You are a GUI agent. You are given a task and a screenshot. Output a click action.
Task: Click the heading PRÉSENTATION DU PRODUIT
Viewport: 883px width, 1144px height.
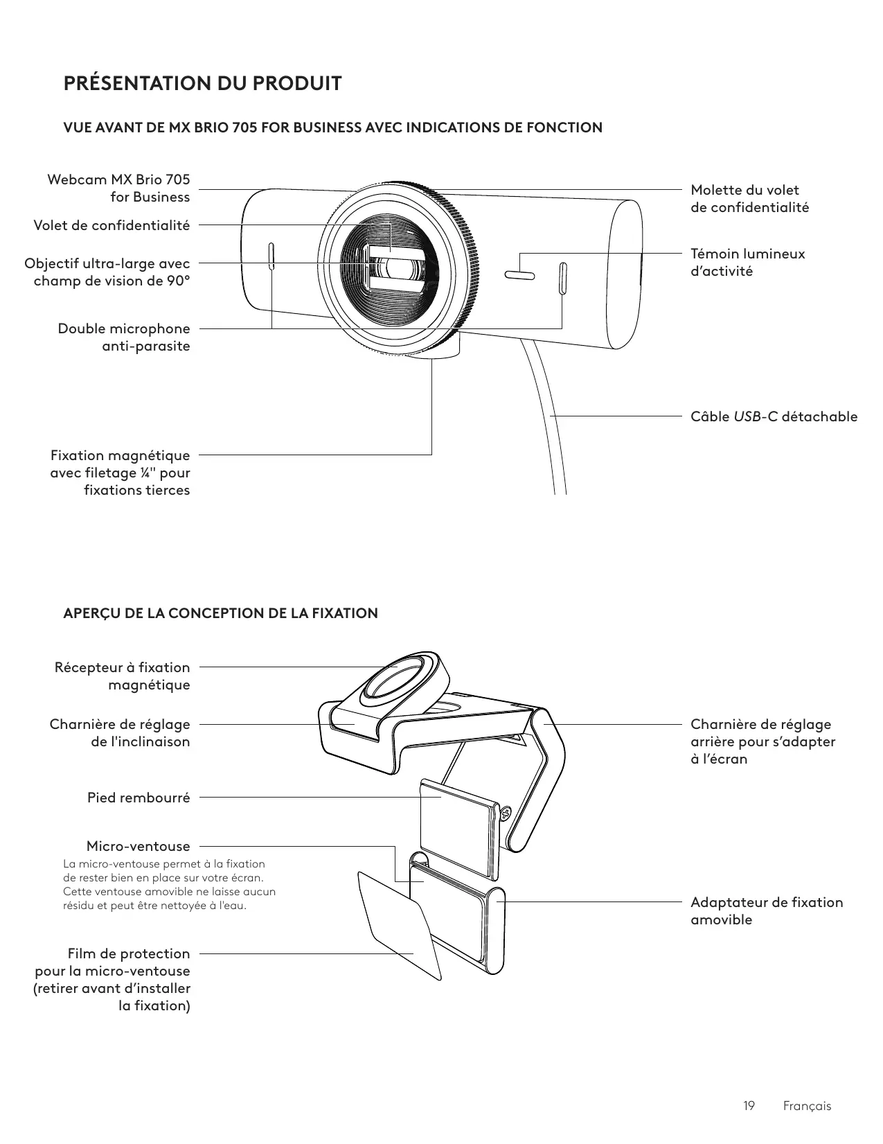[202, 84]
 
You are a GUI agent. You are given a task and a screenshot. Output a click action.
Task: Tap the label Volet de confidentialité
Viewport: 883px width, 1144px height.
[112, 225]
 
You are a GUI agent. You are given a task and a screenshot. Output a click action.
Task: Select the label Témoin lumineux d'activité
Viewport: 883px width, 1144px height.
[747, 262]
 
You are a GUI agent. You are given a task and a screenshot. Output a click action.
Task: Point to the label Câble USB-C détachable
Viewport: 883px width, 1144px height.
[774, 416]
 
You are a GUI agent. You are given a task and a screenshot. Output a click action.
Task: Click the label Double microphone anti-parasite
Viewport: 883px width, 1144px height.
[124, 337]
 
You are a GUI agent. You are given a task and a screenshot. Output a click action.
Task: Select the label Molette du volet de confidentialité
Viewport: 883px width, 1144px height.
[749, 198]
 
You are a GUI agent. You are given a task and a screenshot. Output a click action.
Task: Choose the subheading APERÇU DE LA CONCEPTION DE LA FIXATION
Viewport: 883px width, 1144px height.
[220, 613]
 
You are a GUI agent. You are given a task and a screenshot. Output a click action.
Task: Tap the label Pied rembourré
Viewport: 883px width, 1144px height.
[139, 798]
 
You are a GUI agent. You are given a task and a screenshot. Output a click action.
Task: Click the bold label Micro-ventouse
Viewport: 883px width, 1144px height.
[138, 846]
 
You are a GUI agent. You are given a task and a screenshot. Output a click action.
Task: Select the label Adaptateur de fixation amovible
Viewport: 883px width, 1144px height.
[767, 910]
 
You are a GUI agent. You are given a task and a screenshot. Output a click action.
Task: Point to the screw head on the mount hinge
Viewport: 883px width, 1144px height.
[505, 812]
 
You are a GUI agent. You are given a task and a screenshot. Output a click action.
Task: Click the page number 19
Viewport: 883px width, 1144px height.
[749, 1106]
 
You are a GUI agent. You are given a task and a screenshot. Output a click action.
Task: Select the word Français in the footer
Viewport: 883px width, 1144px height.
[807, 1106]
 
